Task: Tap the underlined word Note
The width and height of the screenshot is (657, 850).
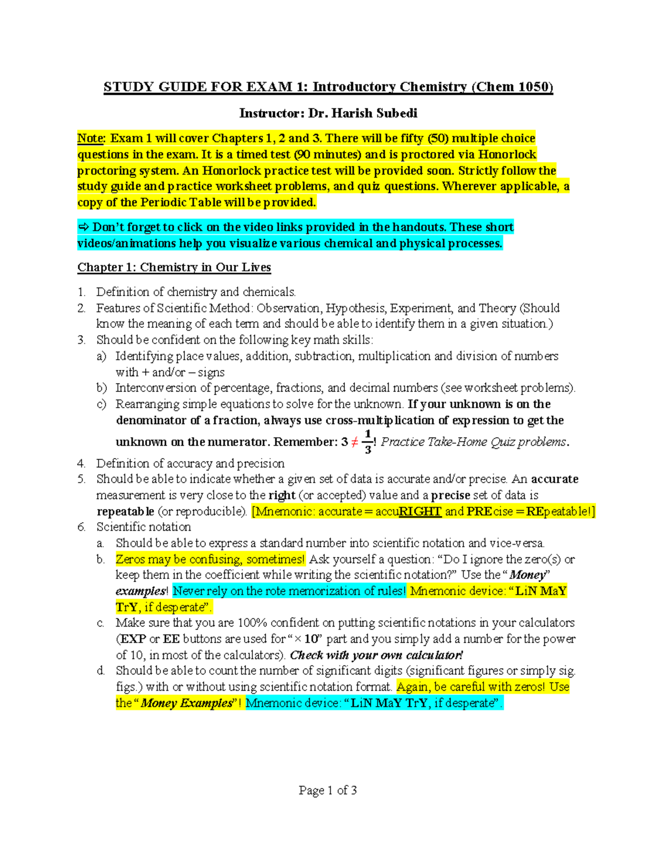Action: point(90,138)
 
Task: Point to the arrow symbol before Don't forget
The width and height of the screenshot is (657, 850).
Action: point(83,227)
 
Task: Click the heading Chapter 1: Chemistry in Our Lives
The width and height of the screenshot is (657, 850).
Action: point(174,267)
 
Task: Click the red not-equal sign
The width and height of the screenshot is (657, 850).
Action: point(355,442)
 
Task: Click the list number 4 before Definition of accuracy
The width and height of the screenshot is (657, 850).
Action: point(81,464)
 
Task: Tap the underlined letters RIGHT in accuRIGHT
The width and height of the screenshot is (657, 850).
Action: point(420,511)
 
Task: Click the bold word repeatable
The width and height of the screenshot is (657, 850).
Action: point(125,511)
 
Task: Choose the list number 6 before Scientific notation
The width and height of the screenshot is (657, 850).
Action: point(81,527)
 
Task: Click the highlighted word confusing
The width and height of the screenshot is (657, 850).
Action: point(215,559)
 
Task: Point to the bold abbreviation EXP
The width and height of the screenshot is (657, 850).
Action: point(133,639)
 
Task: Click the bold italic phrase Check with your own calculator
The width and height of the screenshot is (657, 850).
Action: point(376,655)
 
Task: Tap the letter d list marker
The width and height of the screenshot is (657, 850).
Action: point(100,671)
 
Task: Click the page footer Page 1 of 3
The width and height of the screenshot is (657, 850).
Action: point(328,790)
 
